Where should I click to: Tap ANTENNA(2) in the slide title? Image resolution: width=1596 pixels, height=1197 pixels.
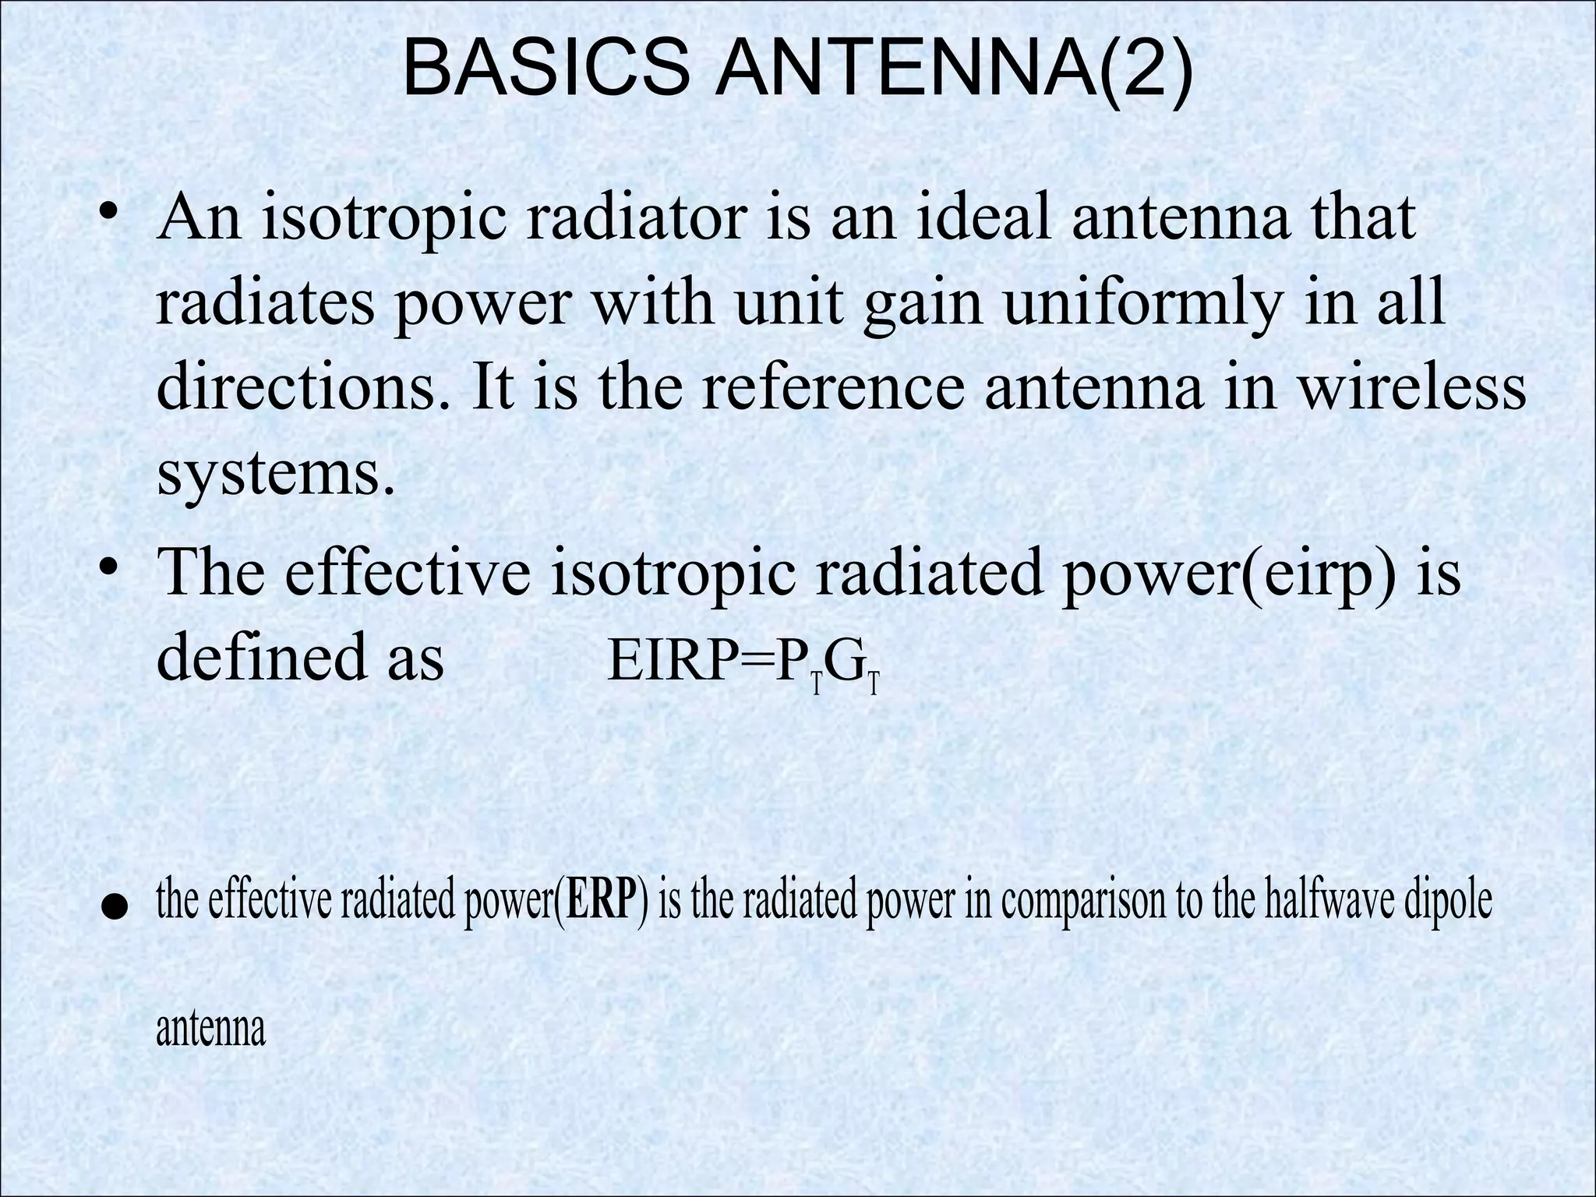point(954,69)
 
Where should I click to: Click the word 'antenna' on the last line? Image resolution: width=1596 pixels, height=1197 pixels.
point(210,1029)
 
